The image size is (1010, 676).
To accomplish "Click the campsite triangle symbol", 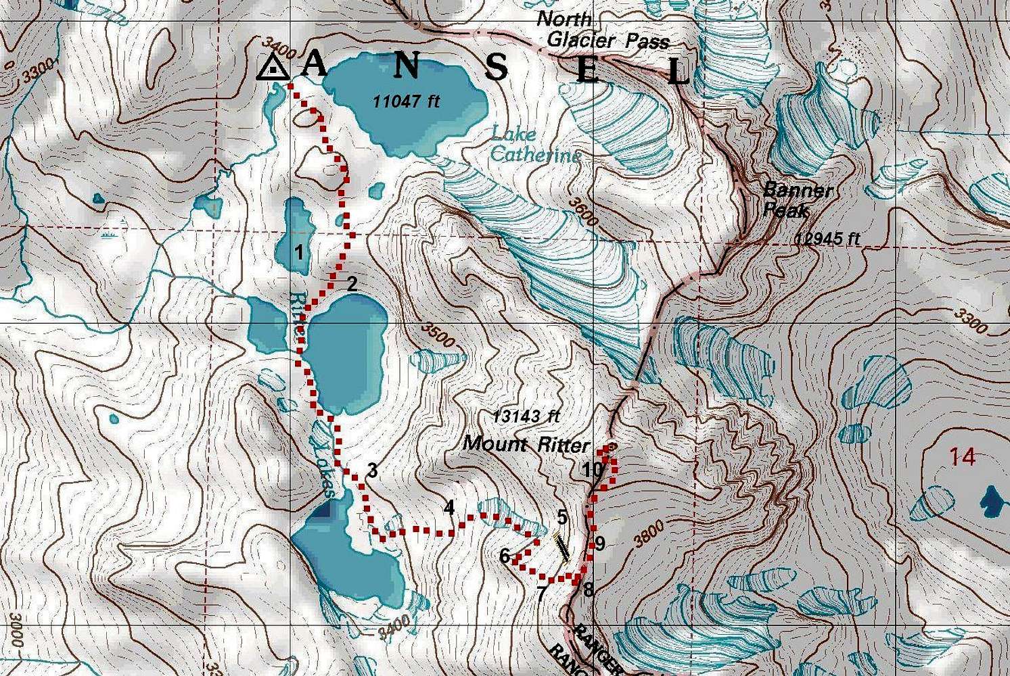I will pyautogui.click(x=273, y=68).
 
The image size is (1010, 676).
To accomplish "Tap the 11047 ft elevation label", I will pyautogui.click(x=407, y=101).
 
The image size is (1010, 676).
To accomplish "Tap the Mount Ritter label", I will pyautogui.click(x=527, y=444).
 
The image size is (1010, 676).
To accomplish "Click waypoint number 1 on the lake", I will pyautogui.click(x=298, y=253).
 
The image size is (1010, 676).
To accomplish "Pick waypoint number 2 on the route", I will pyautogui.click(x=352, y=284).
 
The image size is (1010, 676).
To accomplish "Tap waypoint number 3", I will pyautogui.click(x=371, y=470).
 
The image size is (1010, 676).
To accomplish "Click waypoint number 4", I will pyautogui.click(x=449, y=507).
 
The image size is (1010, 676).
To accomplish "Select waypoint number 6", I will pyautogui.click(x=504, y=556).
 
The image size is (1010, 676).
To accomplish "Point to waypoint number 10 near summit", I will pyautogui.click(x=592, y=469).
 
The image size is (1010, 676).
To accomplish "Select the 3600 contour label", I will pyautogui.click(x=584, y=212).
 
